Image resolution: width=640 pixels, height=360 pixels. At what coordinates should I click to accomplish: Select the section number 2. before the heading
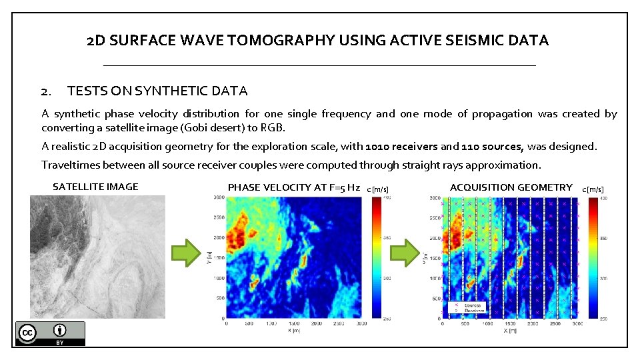pyautogui.click(x=46, y=91)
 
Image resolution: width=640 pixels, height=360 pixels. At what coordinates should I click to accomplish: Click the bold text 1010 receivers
pyautogui.click(x=401, y=146)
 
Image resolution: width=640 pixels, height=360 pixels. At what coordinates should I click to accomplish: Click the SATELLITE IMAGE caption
pyautogui.click(x=95, y=187)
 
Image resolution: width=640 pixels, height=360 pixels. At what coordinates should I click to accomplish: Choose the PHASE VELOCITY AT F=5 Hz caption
pyautogui.click(x=294, y=187)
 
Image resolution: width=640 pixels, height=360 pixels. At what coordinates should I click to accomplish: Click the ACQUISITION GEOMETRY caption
pyautogui.click(x=511, y=187)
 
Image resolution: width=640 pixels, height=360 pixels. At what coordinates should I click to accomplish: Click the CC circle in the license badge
pyautogui.click(x=28, y=333)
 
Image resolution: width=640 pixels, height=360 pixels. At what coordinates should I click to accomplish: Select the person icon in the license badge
pyautogui.click(x=61, y=331)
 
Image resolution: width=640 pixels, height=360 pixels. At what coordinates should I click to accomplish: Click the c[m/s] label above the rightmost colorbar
pyautogui.click(x=593, y=189)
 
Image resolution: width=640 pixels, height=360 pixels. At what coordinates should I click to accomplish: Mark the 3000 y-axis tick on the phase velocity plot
pyautogui.click(x=218, y=197)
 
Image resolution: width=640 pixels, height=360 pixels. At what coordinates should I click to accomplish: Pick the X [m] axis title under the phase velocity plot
pyautogui.click(x=294, y=330)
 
